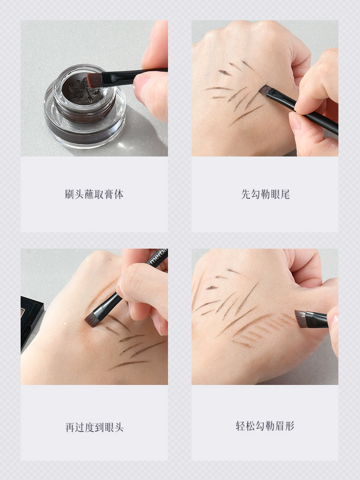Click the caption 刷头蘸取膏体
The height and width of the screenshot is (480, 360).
[x=94, y=194]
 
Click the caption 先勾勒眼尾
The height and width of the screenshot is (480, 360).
[x=265, y=194]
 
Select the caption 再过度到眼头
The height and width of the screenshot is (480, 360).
[x=94, y=427]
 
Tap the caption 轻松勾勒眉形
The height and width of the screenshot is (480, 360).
[x=265, y=426]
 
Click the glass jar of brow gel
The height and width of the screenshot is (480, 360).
[x=85, y=107]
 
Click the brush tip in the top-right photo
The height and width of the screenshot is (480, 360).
[x=265, y=90]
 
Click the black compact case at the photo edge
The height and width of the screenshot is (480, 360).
[x=31, y=322]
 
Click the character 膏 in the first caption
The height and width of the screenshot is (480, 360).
[x=109, y=194]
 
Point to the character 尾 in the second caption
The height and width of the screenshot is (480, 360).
[x=285, y=194]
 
